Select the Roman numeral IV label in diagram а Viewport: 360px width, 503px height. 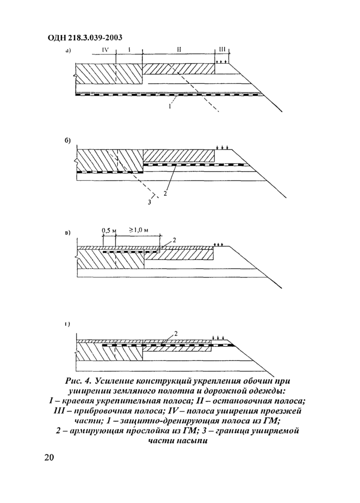(x=105, y=50)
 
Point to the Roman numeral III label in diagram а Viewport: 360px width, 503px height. (x=222, y=50)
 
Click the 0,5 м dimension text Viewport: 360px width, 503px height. (x=107, y=230)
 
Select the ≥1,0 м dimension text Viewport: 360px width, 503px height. (x=138, y=230)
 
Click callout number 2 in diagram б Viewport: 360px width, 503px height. (x=165, y=193)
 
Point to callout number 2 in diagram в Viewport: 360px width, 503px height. (x=174, y=240)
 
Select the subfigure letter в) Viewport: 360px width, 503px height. (x=67, y=234)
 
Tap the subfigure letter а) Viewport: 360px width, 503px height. (x=68, y=51)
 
